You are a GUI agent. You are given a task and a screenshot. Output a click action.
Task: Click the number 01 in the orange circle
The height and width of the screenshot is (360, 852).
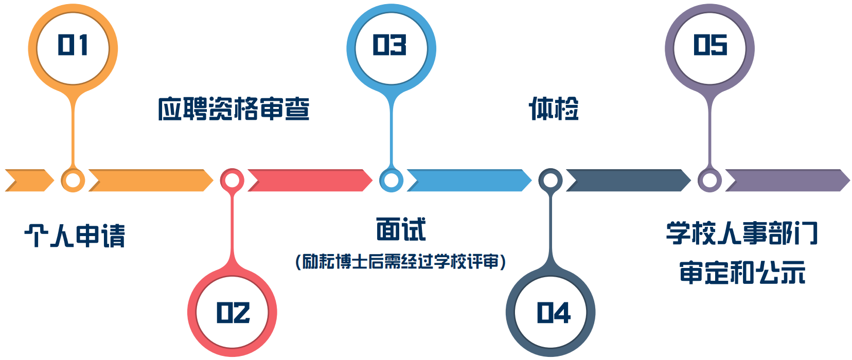click(73, 45)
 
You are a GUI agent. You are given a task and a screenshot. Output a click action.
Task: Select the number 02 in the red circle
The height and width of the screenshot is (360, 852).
click(233, 313)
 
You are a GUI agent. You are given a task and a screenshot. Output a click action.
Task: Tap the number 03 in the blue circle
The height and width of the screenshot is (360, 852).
click(390, 45)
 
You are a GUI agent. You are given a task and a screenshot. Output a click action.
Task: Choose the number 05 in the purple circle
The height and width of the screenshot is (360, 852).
click(710, 45)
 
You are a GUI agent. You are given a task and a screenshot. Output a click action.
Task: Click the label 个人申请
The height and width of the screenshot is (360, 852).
click(75, 236)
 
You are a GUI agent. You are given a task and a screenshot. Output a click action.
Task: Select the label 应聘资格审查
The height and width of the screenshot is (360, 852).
click(234, 109)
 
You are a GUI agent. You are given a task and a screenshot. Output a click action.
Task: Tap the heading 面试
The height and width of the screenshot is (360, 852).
click(401, 229)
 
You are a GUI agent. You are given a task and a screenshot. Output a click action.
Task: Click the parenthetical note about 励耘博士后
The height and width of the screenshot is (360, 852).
click(401, 262)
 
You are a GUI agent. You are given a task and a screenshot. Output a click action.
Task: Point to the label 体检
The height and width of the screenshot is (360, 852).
click(554, 109)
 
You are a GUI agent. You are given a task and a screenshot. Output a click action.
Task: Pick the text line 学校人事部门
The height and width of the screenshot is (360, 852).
click(742, 233)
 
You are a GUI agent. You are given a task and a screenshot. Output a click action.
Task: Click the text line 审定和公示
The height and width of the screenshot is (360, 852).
click(742, 273)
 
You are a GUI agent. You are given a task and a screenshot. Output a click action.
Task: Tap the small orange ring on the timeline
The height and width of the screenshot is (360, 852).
click(73, 181)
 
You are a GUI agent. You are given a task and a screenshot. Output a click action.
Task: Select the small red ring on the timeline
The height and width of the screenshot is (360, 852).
click(232, 181)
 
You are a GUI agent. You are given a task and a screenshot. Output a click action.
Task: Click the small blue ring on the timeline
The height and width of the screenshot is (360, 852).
click(391, 181)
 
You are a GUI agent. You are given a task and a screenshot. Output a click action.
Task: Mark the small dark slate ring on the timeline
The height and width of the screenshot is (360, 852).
click(550, 181)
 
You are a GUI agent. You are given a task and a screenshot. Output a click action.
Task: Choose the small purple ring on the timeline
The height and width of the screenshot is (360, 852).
click(709, 181)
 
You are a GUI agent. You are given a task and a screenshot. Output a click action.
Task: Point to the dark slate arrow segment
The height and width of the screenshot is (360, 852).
click(628, 181)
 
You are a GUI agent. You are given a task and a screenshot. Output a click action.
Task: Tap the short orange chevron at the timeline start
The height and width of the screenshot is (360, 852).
click(29, 181)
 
